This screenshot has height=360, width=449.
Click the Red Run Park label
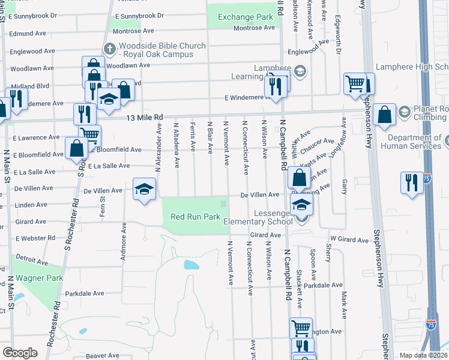(195, 217)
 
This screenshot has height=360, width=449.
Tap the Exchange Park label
(246, 17)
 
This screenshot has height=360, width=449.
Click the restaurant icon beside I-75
(411, 182)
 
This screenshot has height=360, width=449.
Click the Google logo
(20, 353)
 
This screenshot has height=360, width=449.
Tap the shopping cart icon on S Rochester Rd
(90, 134)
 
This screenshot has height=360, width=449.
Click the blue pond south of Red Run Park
(191, 265)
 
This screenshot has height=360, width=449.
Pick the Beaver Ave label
(102, 356)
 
